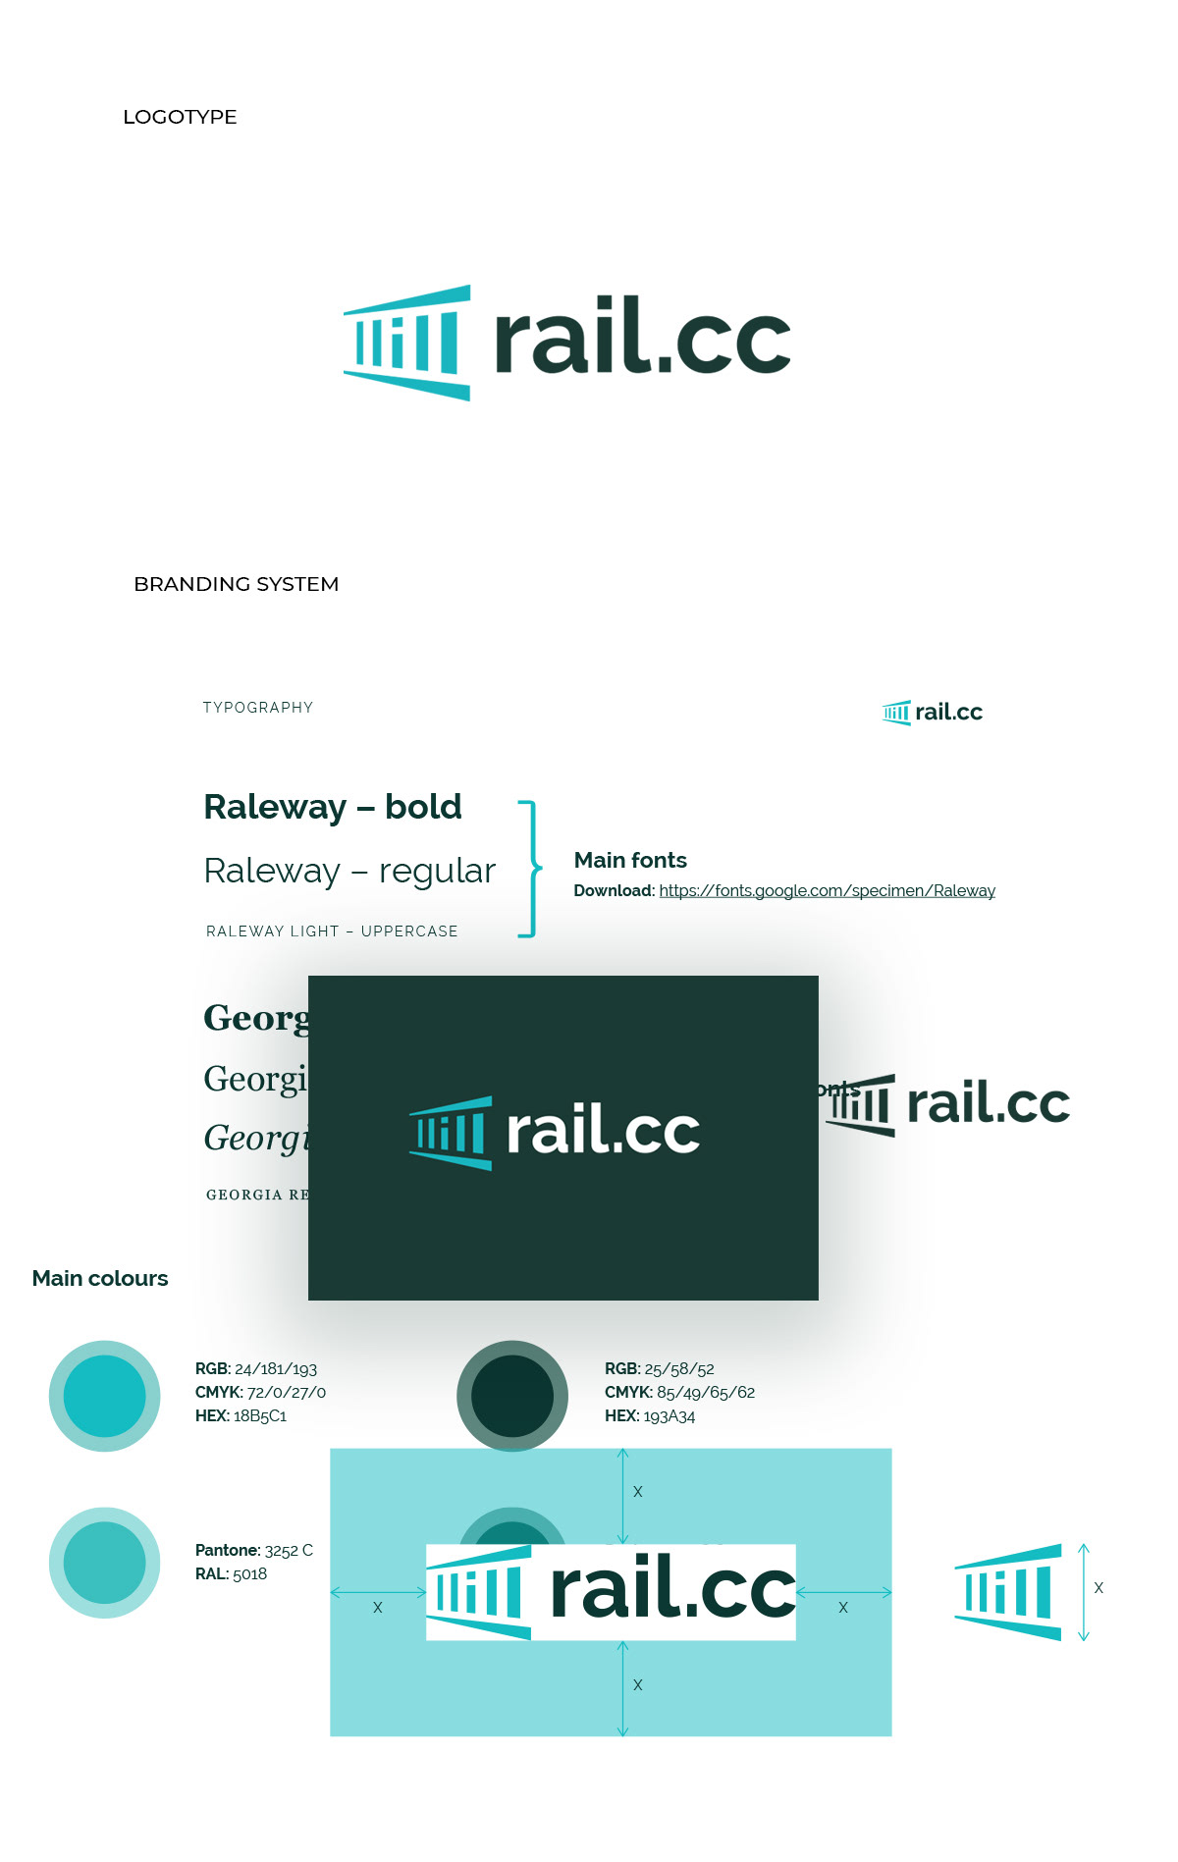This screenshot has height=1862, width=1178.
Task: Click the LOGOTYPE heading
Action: [180, 117]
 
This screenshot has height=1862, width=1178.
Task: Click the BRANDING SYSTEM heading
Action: [236, 584]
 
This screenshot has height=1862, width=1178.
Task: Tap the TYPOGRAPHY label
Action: [258, 708]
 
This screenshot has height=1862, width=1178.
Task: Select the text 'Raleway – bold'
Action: [333, 807]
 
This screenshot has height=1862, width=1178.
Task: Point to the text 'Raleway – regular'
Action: [349, 871]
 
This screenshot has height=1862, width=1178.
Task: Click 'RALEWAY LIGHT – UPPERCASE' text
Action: [332, 931]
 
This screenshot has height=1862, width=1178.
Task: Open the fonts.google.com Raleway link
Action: [827, 890]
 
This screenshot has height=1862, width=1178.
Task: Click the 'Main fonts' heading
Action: [630, 860]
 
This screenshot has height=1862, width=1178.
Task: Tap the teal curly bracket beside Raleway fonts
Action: [530, 869]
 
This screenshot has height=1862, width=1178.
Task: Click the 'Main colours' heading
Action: [100, 1278]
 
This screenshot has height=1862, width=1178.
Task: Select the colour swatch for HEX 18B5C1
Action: [104, 1396]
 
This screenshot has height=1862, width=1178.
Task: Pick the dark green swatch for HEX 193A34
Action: [512, 1396]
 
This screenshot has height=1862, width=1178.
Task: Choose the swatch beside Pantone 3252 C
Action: [104, 1563]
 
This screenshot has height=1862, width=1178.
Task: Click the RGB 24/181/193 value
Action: [275, 1369]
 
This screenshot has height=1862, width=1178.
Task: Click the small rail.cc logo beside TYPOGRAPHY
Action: [933, 713]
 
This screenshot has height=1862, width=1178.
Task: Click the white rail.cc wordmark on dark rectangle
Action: [603, 1131]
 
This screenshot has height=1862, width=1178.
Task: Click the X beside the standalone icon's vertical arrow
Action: [1098, 1588]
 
